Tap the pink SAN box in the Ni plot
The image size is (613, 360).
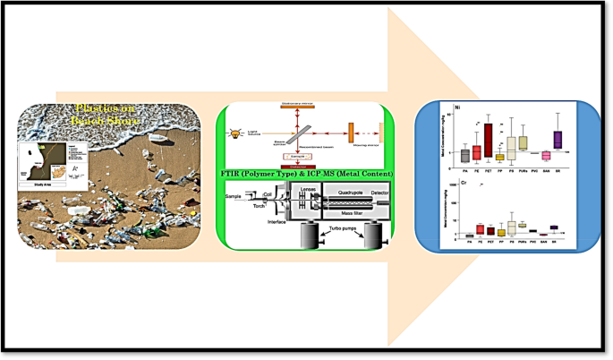545,156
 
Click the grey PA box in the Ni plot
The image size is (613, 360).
465,155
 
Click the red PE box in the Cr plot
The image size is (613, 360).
480,229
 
